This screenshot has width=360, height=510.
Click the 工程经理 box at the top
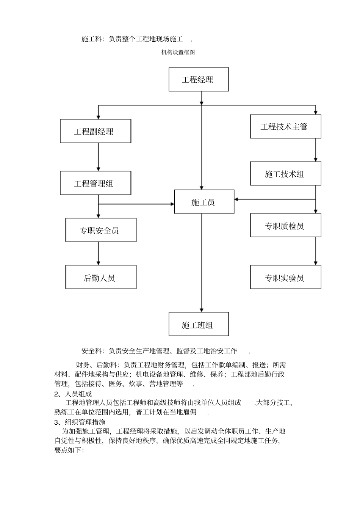click(x=199, y=80)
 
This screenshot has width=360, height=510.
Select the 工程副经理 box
click(x=95, y=132)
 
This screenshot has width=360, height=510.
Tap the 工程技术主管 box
click(x=285, y=127)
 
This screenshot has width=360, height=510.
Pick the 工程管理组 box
click(x=95, y=184)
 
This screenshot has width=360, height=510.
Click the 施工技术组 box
click(x=285, y=174)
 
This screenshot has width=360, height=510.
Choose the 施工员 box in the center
click(x=204, y=202)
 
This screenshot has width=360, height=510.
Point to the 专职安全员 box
click(x=101, y=230)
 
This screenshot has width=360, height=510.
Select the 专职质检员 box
click(x=285, y=226)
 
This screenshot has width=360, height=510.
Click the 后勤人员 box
click(x=101, y=278)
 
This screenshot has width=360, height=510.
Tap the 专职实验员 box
click(x=285, y=278)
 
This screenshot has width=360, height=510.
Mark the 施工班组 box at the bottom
click(x=199, y=325)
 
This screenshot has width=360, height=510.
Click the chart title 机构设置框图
click(x=178, y=52)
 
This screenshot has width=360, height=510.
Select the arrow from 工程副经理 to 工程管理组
click(x=99, y=157)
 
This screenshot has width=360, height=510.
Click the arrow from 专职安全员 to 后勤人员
click(x=99, y=253)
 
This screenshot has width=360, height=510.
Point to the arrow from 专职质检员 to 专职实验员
click(x=315, y=251)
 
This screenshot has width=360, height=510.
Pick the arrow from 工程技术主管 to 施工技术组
click(x=315, y=150)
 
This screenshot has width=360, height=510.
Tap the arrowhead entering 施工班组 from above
click(x=202, y=309)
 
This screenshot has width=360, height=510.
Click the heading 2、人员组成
click(x=73, y=394)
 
